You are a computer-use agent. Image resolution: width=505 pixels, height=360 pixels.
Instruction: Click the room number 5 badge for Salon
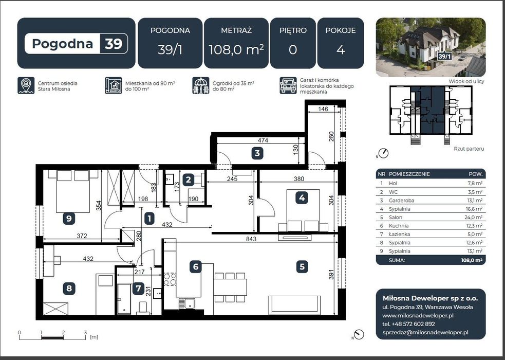point(302,266)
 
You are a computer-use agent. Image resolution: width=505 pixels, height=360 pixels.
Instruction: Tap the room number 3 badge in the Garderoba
point(257,153)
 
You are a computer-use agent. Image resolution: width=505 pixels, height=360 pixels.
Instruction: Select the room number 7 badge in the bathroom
point(139,288)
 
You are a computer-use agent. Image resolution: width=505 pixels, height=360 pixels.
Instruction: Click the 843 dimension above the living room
point(251,239)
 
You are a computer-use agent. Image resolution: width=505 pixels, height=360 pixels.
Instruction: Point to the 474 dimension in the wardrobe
point(263,140)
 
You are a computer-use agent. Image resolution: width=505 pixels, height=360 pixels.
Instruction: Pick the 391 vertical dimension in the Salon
point(331,274)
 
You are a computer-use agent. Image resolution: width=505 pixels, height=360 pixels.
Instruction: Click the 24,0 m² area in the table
point(474,217)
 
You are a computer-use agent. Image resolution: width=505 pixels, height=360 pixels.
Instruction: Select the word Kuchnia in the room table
point(399,226)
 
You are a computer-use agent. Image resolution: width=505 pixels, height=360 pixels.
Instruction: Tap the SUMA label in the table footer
point(397,260)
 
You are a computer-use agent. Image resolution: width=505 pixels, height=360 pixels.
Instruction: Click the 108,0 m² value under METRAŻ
point(236,50)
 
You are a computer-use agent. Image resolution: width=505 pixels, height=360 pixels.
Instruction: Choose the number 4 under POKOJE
point(341,50)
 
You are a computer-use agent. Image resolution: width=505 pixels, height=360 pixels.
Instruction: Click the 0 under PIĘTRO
point(293,50)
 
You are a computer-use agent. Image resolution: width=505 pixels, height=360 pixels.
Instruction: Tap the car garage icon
point(288,85)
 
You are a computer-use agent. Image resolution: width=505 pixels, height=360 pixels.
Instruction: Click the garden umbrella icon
point(201,85)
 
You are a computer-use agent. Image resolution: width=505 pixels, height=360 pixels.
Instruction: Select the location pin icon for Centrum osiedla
point(26,85)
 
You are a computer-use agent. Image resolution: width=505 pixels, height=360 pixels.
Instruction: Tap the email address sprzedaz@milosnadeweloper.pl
point(425,333)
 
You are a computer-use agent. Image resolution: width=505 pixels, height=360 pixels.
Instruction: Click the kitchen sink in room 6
point(187,303)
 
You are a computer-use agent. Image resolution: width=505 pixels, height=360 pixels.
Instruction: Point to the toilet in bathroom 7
point(142,308)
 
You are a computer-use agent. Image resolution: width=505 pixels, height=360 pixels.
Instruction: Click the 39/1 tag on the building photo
point(444,57)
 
